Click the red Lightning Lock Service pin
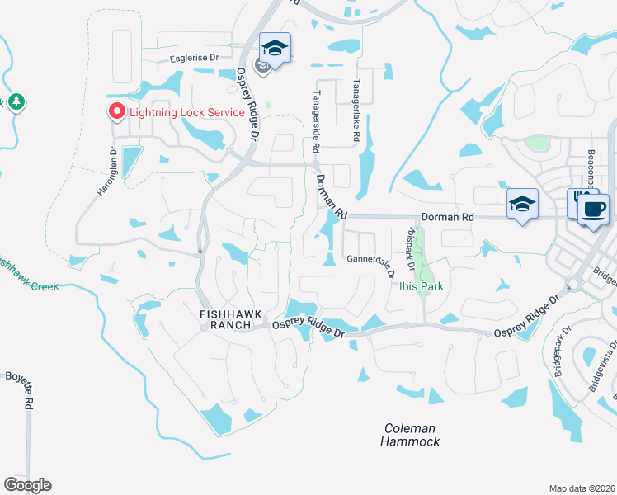tap(116, 111)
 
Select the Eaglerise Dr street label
tap(194, 58)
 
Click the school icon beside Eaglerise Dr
tap(276, 48)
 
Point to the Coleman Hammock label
tap(410, 434)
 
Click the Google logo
tap(27, 484)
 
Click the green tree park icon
tap(16, 102)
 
